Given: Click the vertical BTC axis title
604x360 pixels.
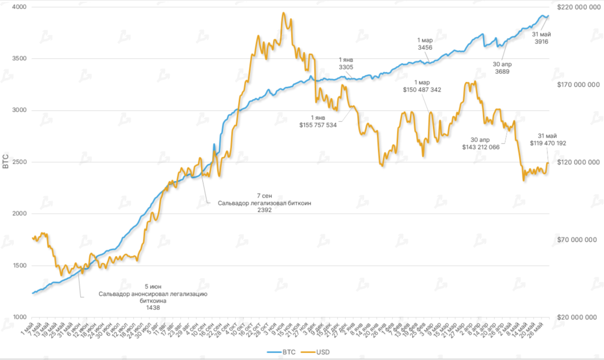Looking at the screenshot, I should pos(6,162).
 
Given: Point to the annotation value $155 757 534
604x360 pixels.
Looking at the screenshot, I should pos(317,125).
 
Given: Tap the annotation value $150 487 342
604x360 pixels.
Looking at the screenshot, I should pos(422,90).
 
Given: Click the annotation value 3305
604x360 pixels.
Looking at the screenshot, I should pos(346,68).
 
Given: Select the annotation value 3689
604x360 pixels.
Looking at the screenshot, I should pos(502,71).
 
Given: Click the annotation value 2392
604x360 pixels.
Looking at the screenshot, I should pos(264,210).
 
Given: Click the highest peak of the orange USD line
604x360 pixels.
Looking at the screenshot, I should pos(284,13).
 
